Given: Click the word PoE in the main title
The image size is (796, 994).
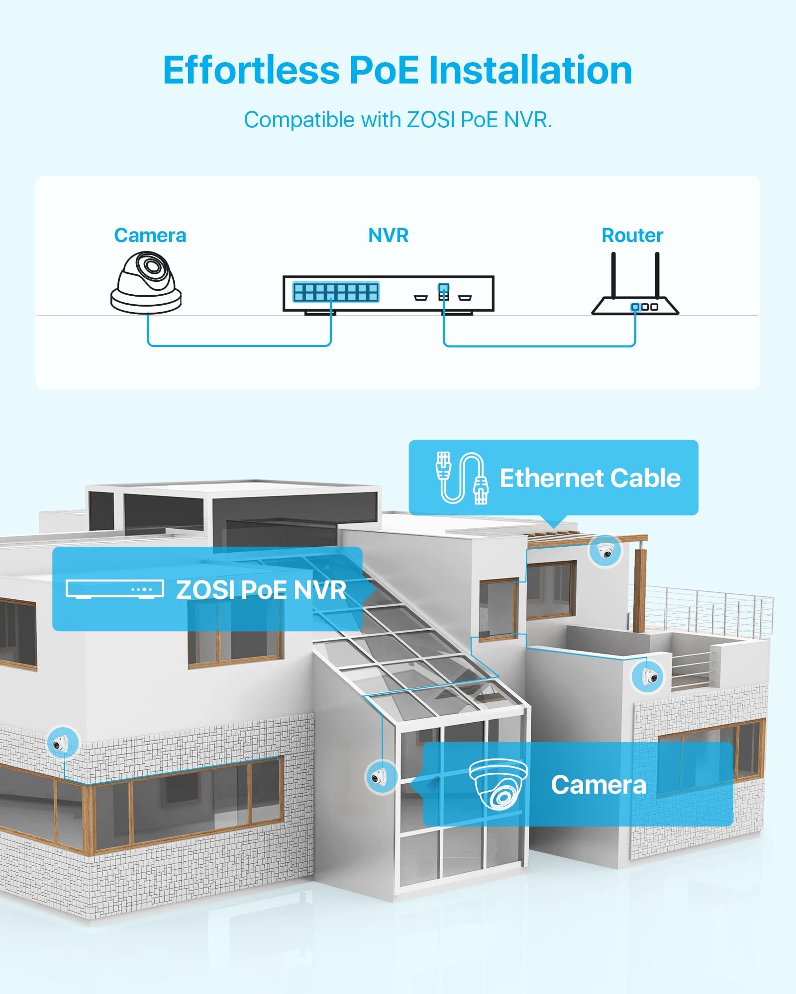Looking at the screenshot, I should coord(384,70).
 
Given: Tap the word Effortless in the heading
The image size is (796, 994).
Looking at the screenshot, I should coord(251,70).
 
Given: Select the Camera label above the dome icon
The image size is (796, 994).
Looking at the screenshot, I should coord(150,236).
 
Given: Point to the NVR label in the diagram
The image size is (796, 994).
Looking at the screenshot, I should coord(388,236).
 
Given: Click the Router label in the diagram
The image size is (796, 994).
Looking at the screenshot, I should coord(632,236).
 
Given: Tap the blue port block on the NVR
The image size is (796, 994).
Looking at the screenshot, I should coord(336,292).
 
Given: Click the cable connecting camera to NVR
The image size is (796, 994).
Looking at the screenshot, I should coord(239,345).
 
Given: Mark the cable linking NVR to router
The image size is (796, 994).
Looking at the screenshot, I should coord(539,345).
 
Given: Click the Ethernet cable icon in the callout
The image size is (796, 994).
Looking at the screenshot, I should coord(461,478).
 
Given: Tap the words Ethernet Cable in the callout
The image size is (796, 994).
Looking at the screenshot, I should coord(590,478).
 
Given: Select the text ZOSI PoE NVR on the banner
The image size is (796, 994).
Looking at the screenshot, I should coord(261,590).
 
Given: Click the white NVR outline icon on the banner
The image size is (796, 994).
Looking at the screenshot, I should coord(115,589).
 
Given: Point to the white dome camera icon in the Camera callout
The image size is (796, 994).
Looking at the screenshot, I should coord(498,784).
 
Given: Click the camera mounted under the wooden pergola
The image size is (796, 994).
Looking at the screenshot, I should coord(605,551).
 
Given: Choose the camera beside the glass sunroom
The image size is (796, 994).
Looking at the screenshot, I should coord(381,776).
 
